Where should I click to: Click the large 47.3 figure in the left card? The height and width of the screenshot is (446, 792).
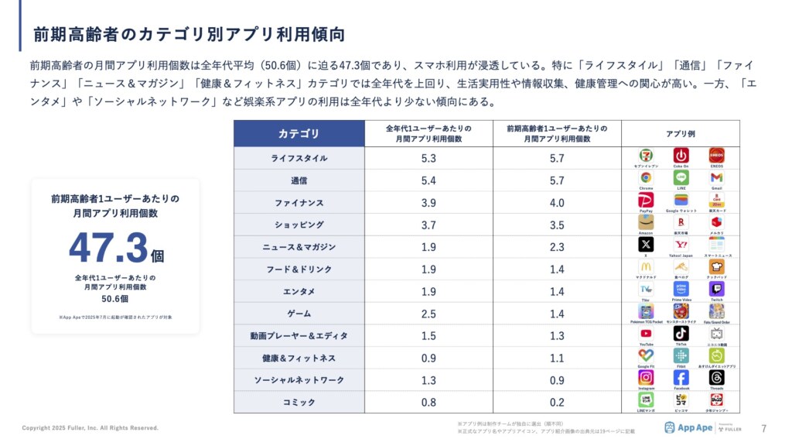(108, 248)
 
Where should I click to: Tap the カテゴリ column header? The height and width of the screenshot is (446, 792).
(299, 134)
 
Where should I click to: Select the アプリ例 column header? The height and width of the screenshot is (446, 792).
(681, 134)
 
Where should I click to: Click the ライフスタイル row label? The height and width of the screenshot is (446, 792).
(299, 158)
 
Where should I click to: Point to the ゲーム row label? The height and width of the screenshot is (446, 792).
(299, 314)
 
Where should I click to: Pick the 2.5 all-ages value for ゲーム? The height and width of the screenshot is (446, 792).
(428, 314)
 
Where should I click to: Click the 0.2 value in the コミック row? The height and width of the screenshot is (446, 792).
(557, 403)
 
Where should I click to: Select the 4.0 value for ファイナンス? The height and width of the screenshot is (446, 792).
(557, 203)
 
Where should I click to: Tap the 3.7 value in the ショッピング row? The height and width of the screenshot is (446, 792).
(428, 225)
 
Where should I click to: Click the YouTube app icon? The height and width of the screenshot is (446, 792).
(646, 333)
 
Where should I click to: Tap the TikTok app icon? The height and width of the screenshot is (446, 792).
(681, 333)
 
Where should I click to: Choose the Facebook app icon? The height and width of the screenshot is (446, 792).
(681, 377)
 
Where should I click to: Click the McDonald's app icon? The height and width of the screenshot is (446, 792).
(646, 266)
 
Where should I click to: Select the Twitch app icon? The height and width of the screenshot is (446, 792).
(717, 289)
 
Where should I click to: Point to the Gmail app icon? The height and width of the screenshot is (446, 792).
(717, 177)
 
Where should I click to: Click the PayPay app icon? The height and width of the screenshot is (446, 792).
(646, 200)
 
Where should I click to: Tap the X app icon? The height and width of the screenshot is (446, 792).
(646, 244)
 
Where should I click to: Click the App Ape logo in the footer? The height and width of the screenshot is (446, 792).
(688, 427)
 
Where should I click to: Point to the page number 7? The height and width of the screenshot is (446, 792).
(764, 428)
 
